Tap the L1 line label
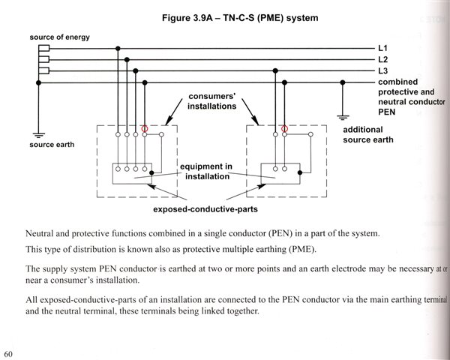[x=383, y=48]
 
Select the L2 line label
[x=383, y=59]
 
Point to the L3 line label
[x=383, y=70]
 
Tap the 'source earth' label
[x=52, y=144]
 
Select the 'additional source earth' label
[x=373, y=135]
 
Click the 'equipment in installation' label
[x=211, y=171]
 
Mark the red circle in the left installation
[x=145, y=128]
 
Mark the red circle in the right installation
[x=284, y=128]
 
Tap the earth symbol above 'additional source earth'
[x=342, y=115]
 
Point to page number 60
[x=9, y=352]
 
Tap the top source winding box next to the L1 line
[x=43, y=48]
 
